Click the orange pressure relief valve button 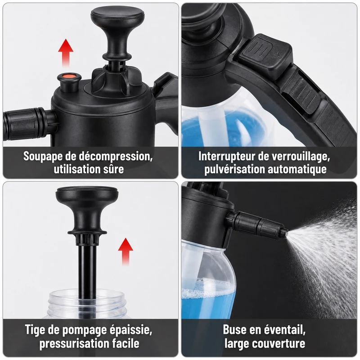pyautogui.click(x=70, y=76)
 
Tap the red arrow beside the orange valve pyautogui.click(x=66, y=53)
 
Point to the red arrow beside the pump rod pyautogui.click(x=126, y=252)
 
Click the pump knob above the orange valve pyautogui.click(x=117, y=32)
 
